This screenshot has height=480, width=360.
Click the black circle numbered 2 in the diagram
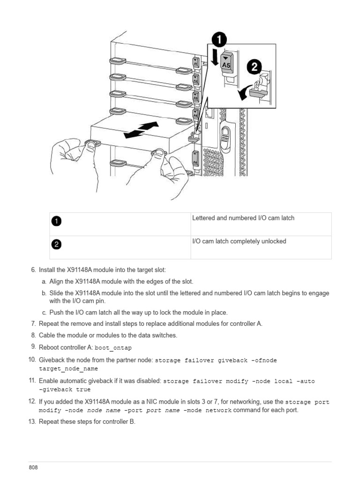[x=254, y=67]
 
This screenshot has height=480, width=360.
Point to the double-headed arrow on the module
[x=141, y=129]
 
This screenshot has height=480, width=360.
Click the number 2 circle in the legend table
[x=56, y=244]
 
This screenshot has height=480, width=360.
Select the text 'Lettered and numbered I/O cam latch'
[x=243, y=218]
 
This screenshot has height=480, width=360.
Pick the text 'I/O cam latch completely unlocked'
[x=239, y=241]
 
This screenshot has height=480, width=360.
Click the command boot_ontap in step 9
[x=113, y=348]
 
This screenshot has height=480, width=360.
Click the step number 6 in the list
[x=33, y=270]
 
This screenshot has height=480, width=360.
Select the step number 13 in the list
[x=32, y=421]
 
